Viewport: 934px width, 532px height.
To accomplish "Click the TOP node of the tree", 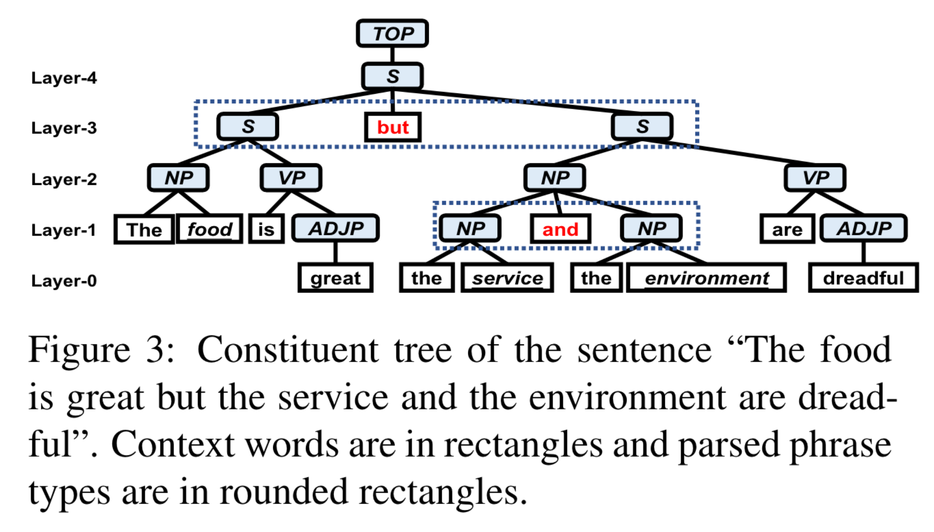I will click(x=392, y=33).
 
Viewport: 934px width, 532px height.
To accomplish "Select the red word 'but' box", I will click(x=393, y=127).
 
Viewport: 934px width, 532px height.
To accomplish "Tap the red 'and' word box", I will click(x=560, y=229).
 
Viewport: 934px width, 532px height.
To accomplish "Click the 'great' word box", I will click(x=335, y=278).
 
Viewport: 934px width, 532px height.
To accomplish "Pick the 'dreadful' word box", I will click(x=863, y=278).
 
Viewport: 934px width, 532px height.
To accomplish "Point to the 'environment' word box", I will click(x=706, y=278).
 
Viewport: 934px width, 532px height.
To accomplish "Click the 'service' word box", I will click(x=507, y=278).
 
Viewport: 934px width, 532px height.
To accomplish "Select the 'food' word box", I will click(x=210, y=229).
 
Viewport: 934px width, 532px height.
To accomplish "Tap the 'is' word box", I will click(x=266, y=229).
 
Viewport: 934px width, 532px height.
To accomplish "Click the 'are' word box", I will click(x=787, y=229).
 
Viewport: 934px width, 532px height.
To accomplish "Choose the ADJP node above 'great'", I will click(x=335, y=228).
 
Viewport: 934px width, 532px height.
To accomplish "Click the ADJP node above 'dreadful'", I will click(x=863, y=228).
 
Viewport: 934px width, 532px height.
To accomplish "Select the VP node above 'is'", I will click(x=291, y=178).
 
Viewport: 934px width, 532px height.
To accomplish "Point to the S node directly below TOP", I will click(x=392, y=76).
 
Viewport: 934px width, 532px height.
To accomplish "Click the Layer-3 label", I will click(x=64, y=128).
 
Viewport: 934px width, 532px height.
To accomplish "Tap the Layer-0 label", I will click(x=64, y=280).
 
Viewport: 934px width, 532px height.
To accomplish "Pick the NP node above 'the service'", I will click(x=470, y=228).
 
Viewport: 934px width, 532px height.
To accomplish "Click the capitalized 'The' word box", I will click(x=144, y=229).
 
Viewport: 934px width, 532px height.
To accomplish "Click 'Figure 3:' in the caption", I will click(x=101, y=349).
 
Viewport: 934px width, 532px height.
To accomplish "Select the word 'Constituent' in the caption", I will click(x=288, y=349).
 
